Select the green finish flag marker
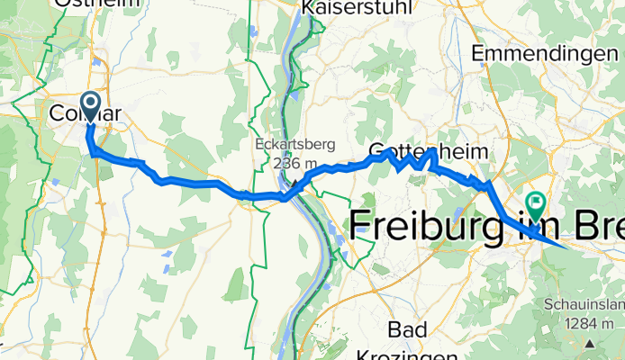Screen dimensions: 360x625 point(535,205)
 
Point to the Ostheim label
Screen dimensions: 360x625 point(98,4)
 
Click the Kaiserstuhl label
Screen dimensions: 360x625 point(358,6)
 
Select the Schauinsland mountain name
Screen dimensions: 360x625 point(585,306)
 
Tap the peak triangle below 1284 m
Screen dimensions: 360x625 point(590,342)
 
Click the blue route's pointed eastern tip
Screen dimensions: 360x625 point(565,244)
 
